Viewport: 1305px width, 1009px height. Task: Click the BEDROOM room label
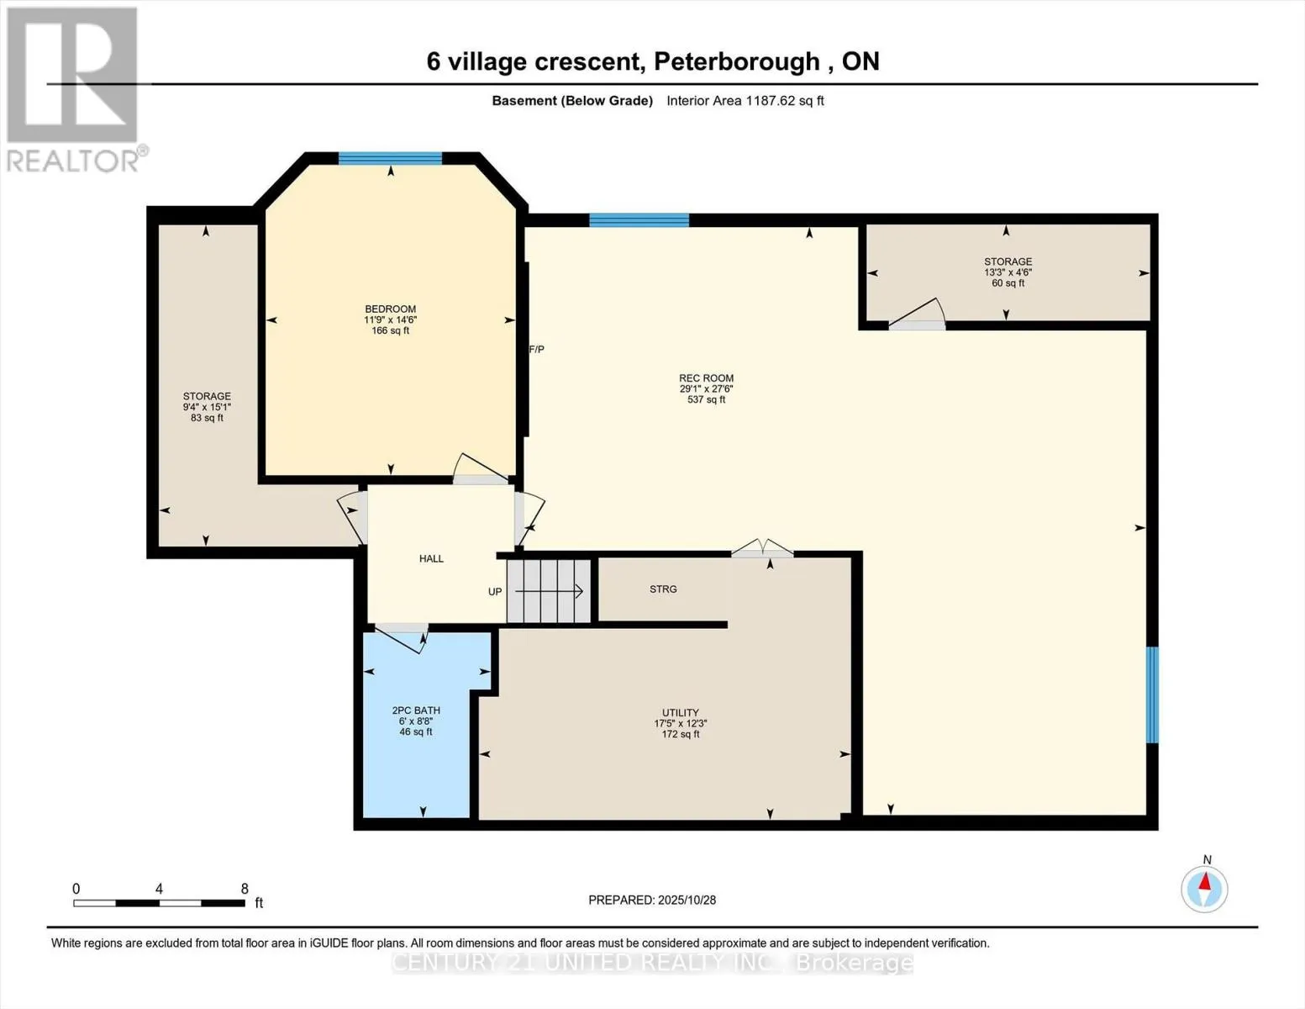[390, 309]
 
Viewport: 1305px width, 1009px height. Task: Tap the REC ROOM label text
[706, 378]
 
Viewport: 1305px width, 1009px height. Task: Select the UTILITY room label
[680, 713]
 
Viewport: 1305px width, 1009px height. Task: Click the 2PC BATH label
[416, 711]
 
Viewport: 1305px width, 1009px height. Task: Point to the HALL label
[431, 559]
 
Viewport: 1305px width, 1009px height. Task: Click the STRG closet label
[663, 589]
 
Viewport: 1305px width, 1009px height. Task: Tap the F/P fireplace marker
[536, 349]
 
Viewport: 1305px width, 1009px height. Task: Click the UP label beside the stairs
[495, 592]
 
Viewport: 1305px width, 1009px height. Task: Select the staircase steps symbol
[550, 591]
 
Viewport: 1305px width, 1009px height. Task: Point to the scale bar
[160, 903]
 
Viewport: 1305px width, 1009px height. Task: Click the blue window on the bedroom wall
[390, 158]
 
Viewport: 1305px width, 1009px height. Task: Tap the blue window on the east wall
[1152, 695]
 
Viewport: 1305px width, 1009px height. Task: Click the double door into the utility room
[762, 550]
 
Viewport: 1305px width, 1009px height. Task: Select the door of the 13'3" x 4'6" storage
[917, 314]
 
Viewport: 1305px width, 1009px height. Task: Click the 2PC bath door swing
[404, 638]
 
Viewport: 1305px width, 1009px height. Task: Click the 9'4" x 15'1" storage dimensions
[207, 407]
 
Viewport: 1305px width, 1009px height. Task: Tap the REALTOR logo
[74, 88]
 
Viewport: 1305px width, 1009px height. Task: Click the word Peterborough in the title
[736, 61]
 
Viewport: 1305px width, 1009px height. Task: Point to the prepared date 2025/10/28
[652, 900]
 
